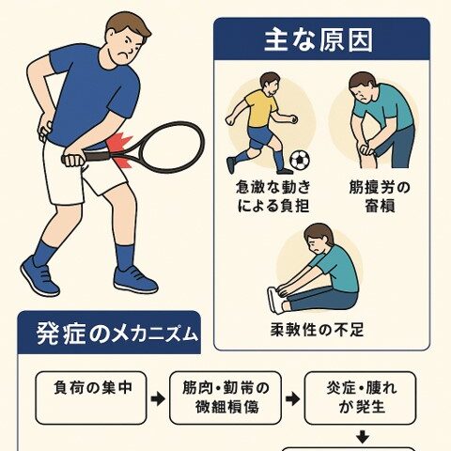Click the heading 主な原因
tap(321, 42)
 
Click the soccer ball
tap(300, 160)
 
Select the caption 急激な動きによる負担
tap(272, 194)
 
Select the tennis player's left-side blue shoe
tap(39, 275)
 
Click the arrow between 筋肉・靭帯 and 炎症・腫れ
tap(292, 399)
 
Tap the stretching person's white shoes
tap(274, 299)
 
